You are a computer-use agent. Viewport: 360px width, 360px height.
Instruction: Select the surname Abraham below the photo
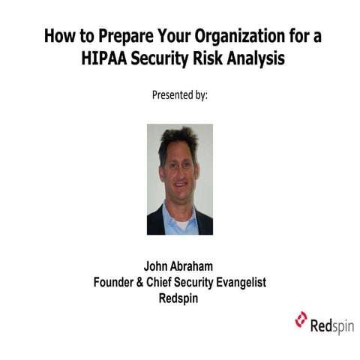195,266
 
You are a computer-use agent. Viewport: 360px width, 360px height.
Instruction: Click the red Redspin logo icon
301,319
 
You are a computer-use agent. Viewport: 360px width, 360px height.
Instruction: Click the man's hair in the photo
178,137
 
